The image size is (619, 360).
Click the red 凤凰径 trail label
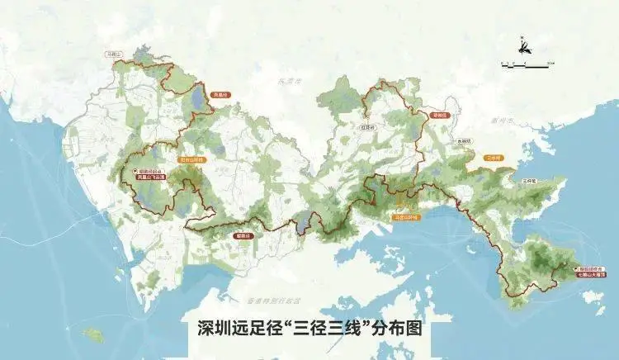(220, 95)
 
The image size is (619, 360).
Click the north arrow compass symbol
(523, 46)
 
